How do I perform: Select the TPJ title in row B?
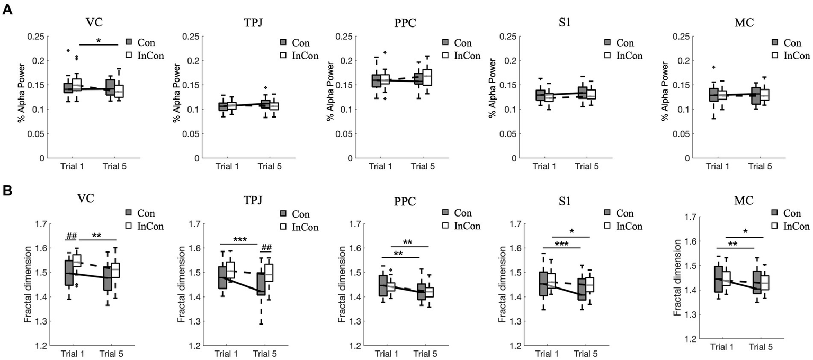[248, 202]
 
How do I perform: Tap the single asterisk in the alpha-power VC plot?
[99, 40]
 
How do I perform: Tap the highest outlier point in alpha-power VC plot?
[68, 50]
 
